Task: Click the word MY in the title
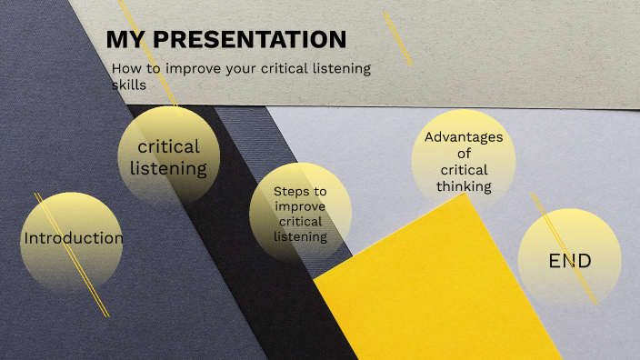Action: (125, 40)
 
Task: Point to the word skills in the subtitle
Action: (128, 85)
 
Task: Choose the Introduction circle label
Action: (73, 238)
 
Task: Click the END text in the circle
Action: (570, 262)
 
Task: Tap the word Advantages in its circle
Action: (464, 137)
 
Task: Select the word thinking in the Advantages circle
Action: (464, 186)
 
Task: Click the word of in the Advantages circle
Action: (464, 154)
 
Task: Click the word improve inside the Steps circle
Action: (300, 206)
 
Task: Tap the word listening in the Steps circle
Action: (300, 236)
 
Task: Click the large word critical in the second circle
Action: (169, 146)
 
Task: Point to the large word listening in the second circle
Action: (169, 168)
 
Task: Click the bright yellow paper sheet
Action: (436, 291)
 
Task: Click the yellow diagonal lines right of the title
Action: (398, 38)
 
